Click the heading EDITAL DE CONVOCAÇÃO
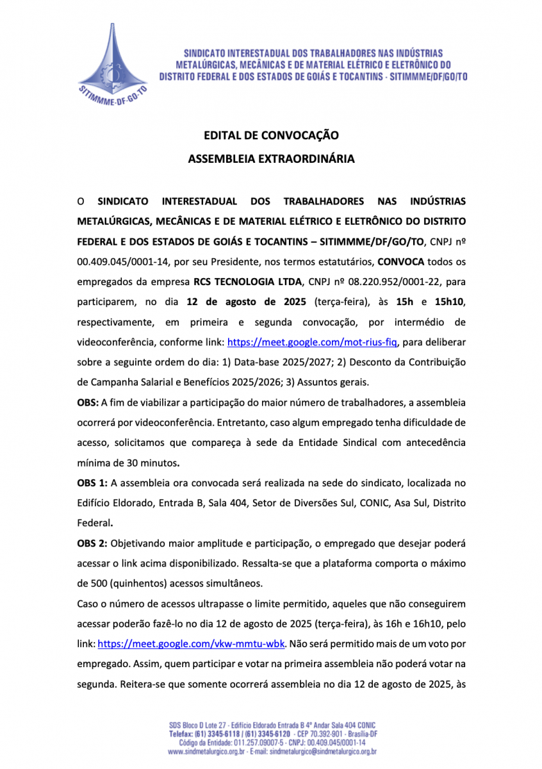270,135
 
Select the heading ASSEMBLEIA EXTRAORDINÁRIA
270,158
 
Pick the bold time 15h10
450,301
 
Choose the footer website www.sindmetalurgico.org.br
206,751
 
